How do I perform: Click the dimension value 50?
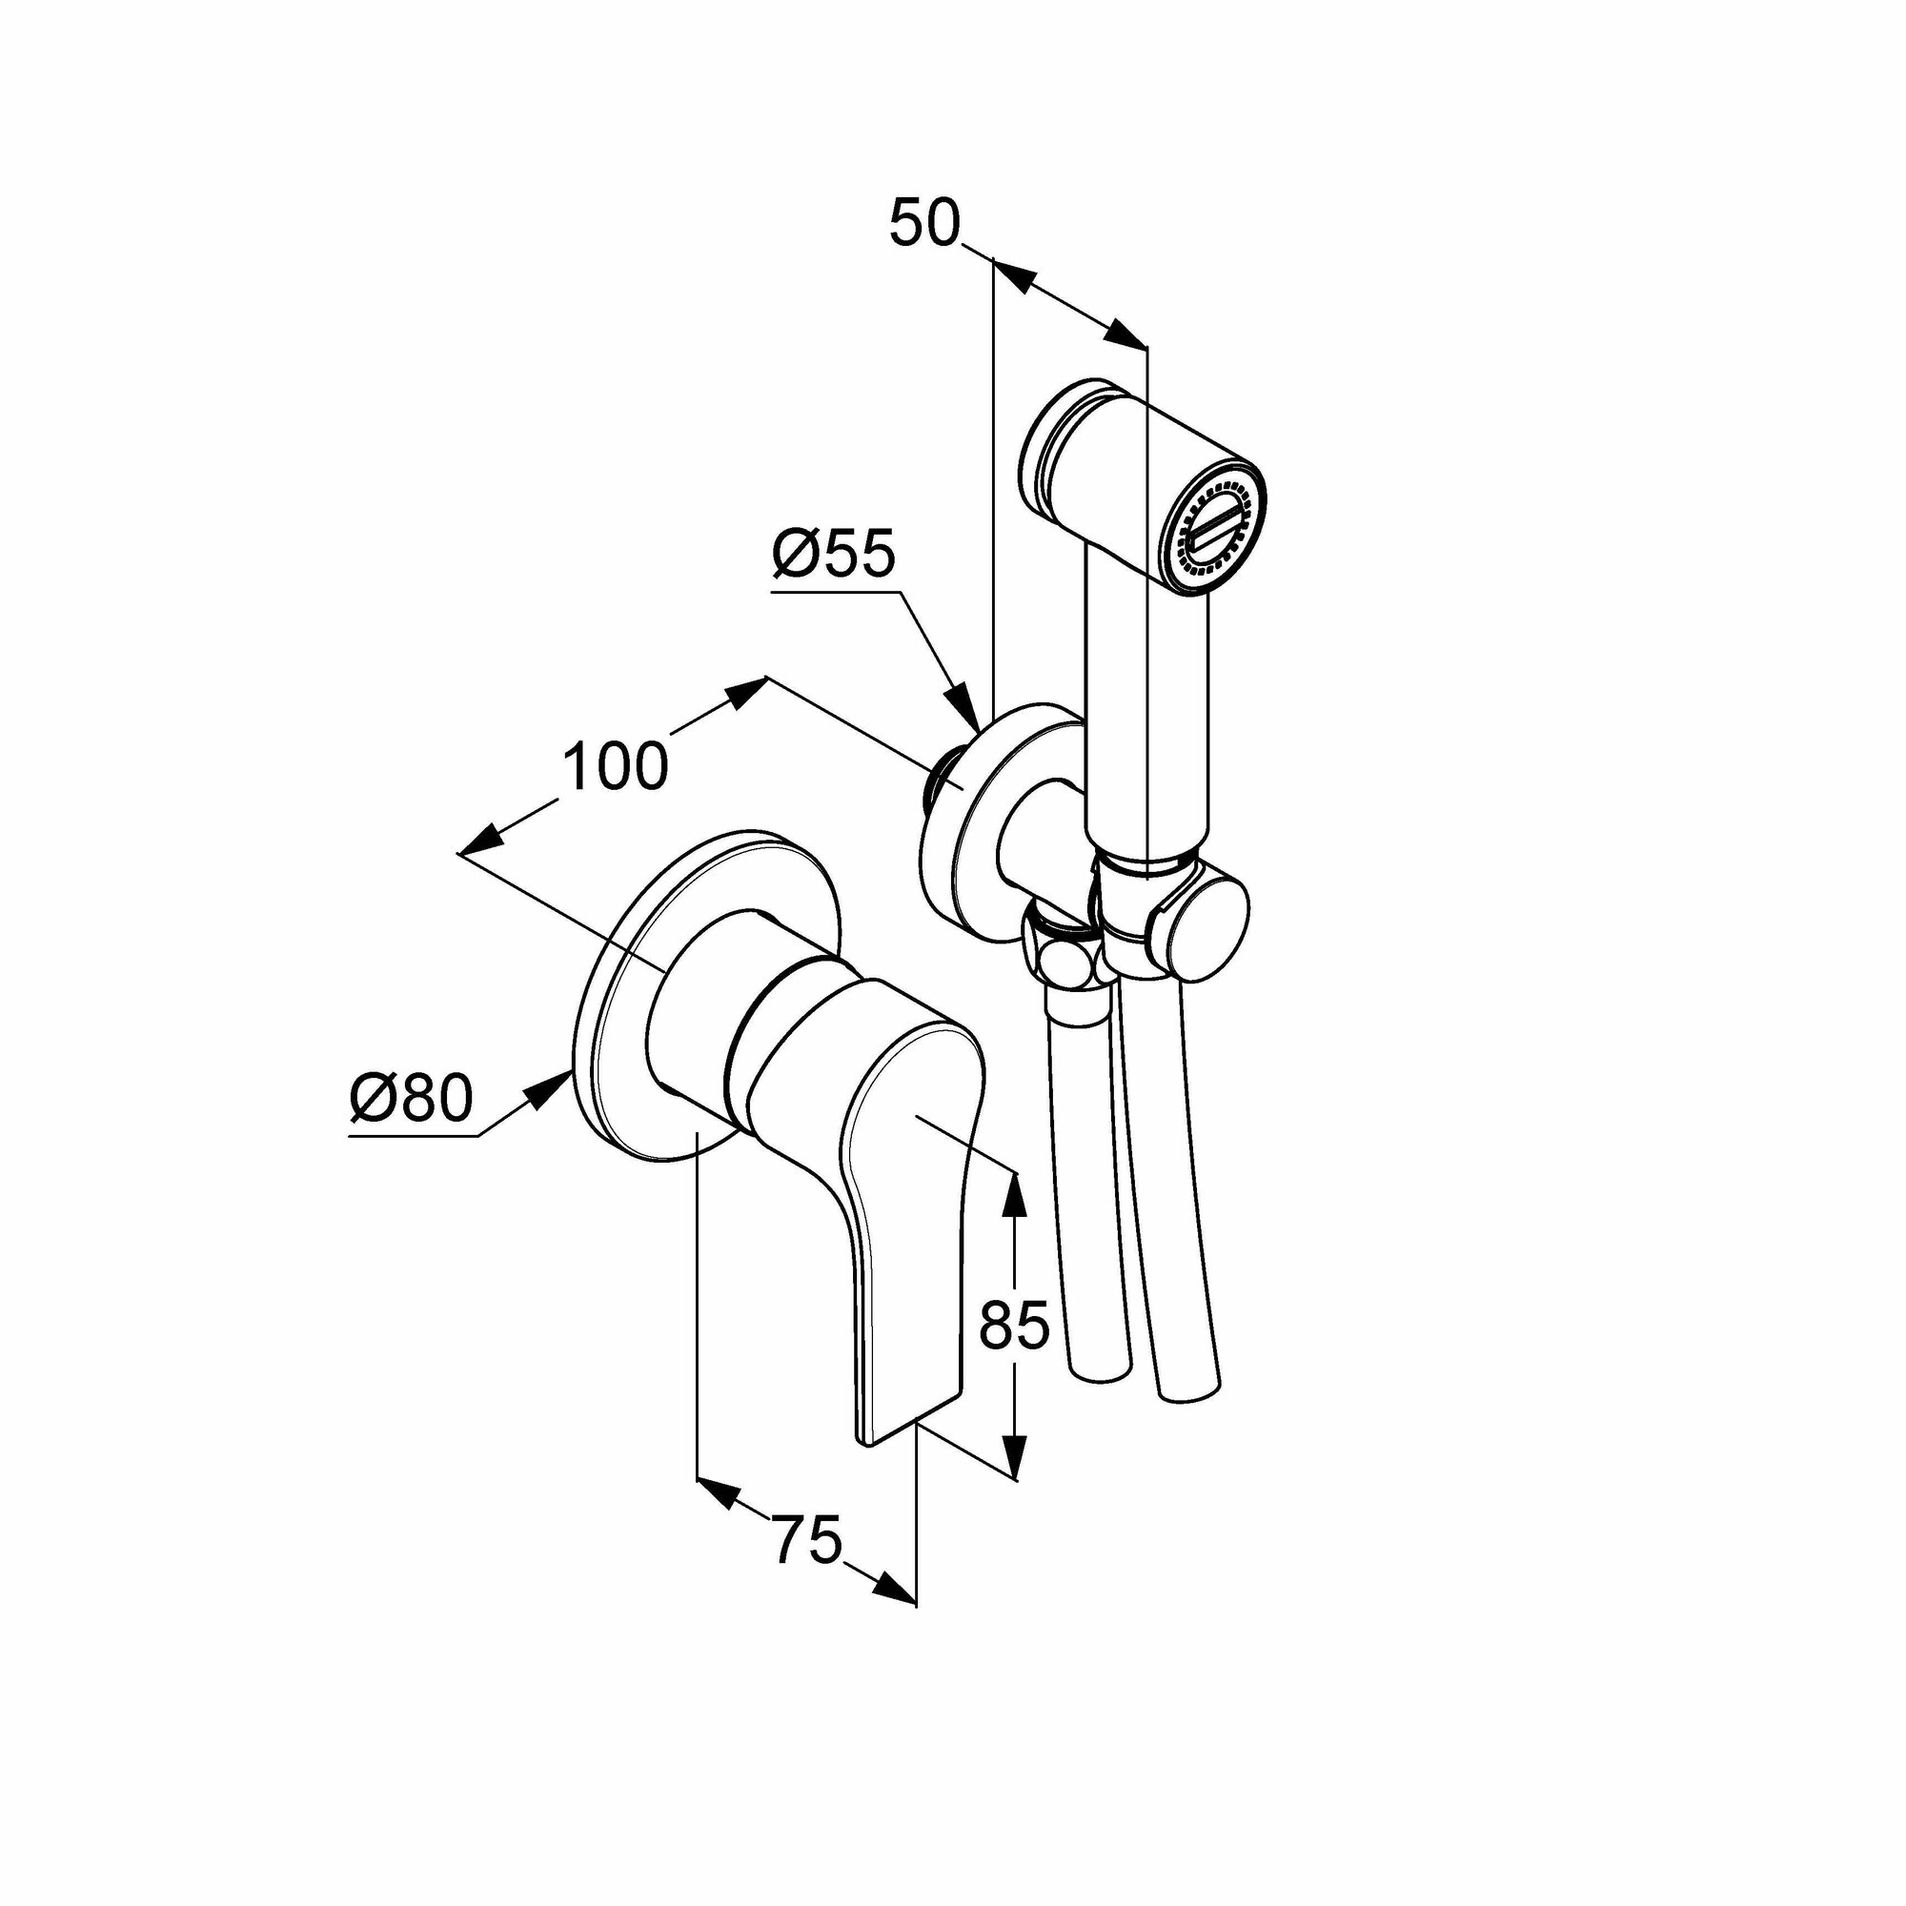[x=924, y=223]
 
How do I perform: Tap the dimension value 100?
[x=616, y=766]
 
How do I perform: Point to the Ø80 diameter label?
[x=412, y=1099]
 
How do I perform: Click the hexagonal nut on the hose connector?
[x=1065, y=954]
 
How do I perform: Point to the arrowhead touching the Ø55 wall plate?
[x=963, y=706]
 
